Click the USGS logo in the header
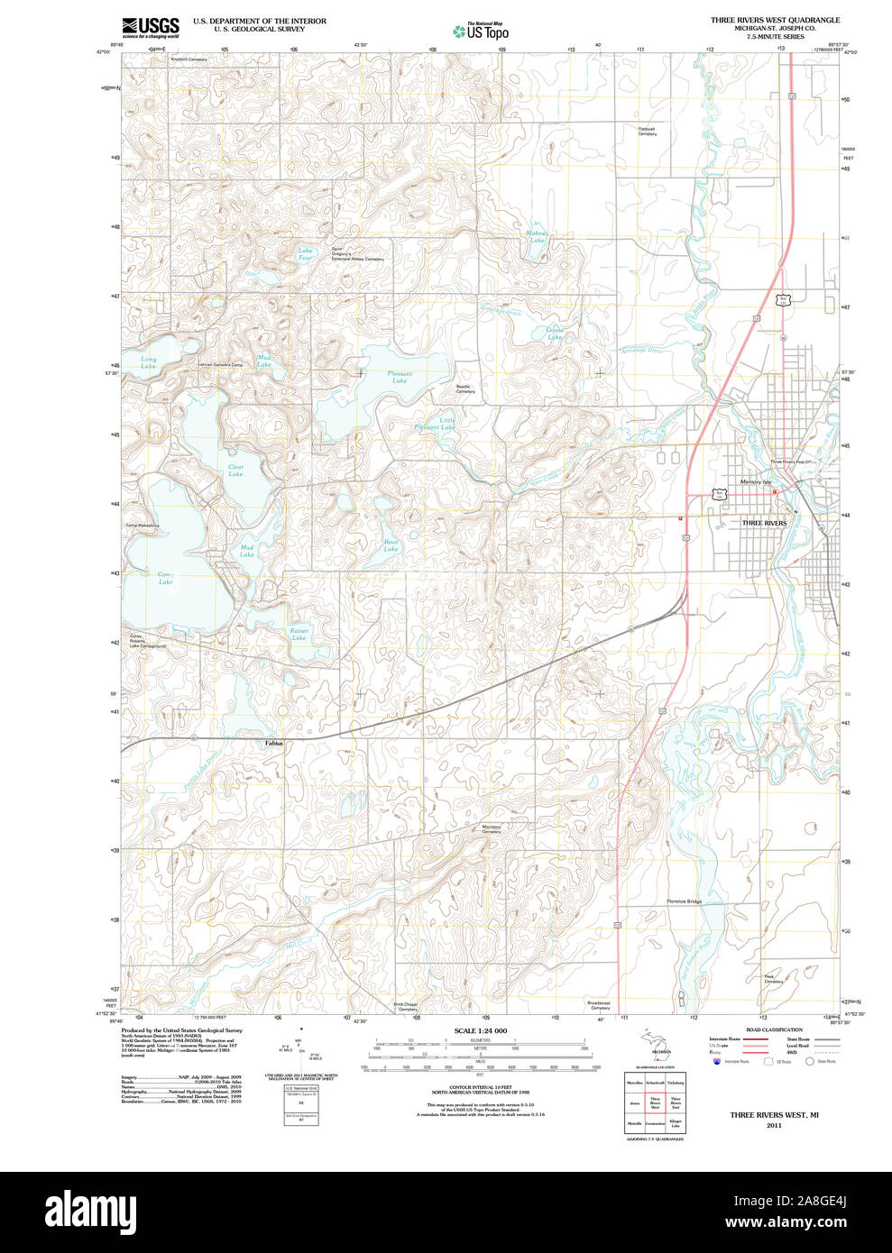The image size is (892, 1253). click(150, 26)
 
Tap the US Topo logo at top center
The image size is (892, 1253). click(480, 31)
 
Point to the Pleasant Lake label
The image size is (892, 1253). click(400, 377)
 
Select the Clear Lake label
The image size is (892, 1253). click(235, 470)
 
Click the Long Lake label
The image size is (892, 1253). click(148, 362)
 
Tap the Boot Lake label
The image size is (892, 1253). click(391, 544)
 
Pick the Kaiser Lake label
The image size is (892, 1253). click(299, 634)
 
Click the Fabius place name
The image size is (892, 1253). click(274, 743)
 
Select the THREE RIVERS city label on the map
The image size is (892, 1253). click(763, 523)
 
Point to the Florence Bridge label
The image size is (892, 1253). click(684, 901)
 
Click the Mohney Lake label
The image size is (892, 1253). click(537, 237)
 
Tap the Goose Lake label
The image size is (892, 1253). click(555, 333)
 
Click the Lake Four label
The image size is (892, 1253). click(306, 254)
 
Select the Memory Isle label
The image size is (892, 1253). click(755, 482)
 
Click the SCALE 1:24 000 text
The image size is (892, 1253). click(480, 1030)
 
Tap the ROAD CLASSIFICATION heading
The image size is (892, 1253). click(774, 1029)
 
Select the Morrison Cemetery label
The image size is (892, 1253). click(491, 828)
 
